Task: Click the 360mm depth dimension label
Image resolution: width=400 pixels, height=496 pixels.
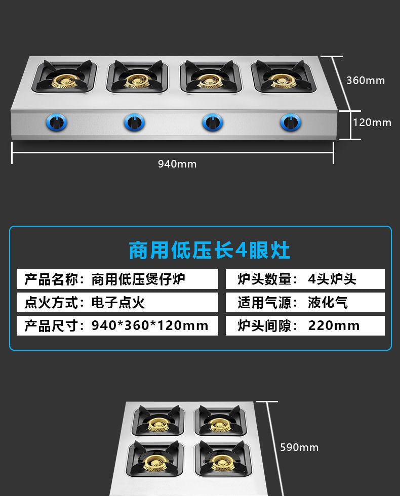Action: pos(366,80)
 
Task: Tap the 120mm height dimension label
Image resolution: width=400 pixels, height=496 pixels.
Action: pos(372,122)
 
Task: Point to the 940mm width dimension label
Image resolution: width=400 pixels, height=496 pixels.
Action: pos(177,164)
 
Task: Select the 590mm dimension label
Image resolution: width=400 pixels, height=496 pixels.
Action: pos(299,447)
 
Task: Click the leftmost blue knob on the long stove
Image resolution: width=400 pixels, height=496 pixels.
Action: pos(56,122)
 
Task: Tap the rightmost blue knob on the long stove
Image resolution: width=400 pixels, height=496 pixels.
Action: pos(291,122)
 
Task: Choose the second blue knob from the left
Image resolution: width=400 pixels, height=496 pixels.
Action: pos(134,122)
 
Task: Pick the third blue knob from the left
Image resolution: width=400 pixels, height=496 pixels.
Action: pos(213,122)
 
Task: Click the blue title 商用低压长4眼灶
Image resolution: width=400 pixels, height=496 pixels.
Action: pos(210,250)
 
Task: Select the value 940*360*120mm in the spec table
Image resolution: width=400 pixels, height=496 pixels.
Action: pos(150,325)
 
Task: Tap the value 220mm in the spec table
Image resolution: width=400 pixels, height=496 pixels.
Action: pos(334,325)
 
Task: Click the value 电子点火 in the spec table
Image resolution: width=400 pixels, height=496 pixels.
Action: pos(118,303)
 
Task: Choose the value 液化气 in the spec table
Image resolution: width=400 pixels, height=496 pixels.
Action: pos(328,303)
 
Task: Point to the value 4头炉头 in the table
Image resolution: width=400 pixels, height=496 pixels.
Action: pos(332,279)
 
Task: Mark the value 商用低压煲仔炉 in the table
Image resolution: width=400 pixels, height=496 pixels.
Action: pos(138,279)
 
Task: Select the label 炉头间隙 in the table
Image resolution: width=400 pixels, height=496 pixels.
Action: pos(264,325)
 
